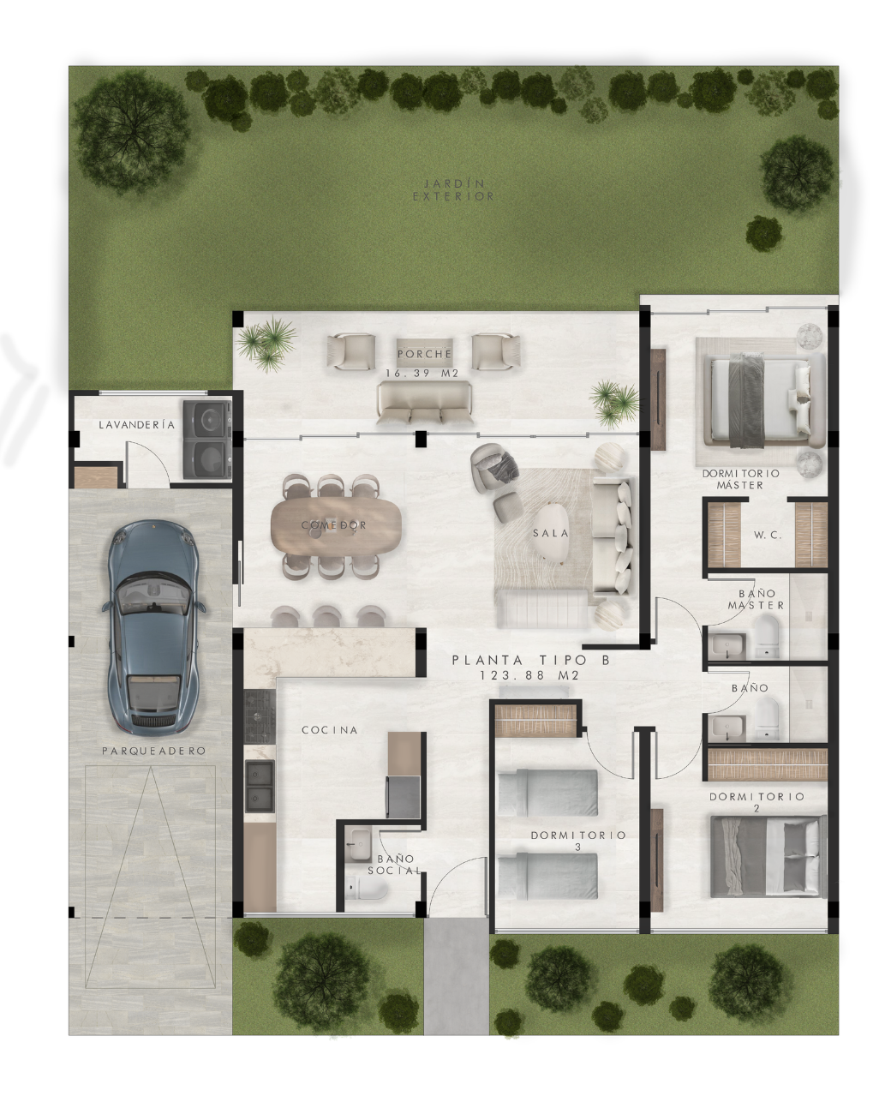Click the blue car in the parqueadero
[x=153, y=627]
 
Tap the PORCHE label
[x=425, y=354]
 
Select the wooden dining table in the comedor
[x=336, y=525]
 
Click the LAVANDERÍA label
[x=137, y=424]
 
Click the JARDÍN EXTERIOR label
[x=453, y=190]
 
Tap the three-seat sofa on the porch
[x=425, y=404]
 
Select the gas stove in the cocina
[x=260, y=716]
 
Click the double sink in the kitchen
[x=260, y=786]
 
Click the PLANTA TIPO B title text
[x=531, y=660]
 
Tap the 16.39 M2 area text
[x=422, y=374]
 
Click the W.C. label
[x=768, y=536]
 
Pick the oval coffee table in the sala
[x=551, y=532]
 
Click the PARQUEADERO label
[x=153, y=751]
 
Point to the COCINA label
[x=330, y=730]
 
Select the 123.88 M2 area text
[x=529, y=675]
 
